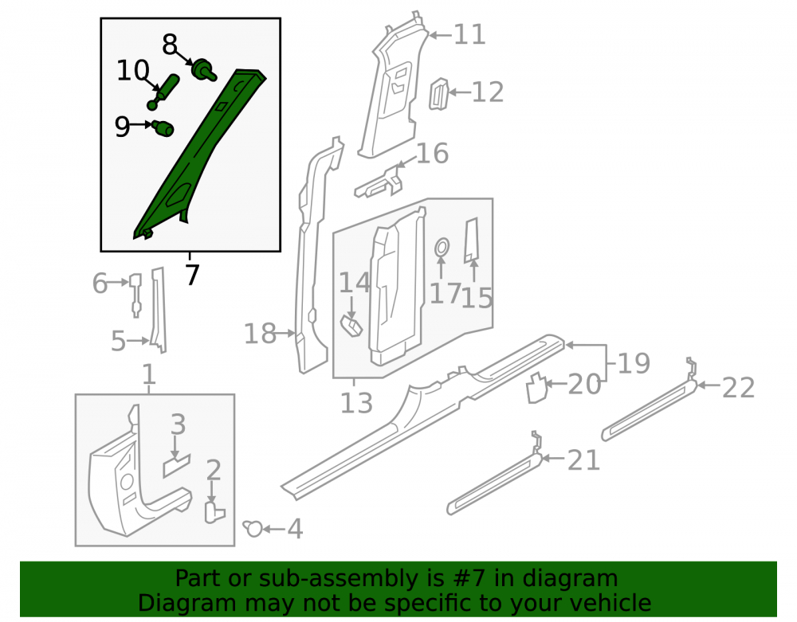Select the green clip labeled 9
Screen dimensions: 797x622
tap(163, 127)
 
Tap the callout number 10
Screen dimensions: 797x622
tap(132, 70)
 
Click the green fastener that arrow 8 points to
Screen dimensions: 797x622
tap(204, 69)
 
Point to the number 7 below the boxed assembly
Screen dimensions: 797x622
tap(191, 276)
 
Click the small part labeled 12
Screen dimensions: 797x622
tap(440, 94)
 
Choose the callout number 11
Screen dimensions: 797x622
tap(469, 34)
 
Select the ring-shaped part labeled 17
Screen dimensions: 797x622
tap(442, 247)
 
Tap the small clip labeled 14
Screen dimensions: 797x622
tap(351, 326)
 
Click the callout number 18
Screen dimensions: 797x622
tap(260, 334)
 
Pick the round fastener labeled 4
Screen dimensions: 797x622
tap(253, 529)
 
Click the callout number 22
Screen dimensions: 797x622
tap(738, 388)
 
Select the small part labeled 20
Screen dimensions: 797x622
tap(536, 388)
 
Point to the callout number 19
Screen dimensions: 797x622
tap(634, 363)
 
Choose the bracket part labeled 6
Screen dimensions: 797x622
tap(135, 295)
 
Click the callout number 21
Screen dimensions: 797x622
tap(583, 460)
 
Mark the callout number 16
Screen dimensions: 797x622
tap(432, 153)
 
